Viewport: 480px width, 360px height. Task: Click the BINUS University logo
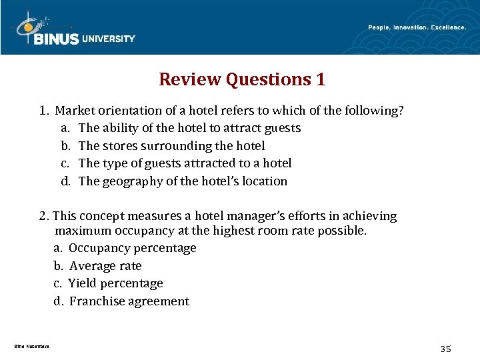click(x=73, y=31)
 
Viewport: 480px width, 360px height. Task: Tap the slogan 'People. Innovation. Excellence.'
click(x=417, y=27)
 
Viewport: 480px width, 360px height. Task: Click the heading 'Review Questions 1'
click(x=242, y=80)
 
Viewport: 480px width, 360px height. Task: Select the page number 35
click(x=446, y=349)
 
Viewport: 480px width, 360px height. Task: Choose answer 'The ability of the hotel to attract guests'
click(x=189, y=128)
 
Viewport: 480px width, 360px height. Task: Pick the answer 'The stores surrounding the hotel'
click(x=171, y=145)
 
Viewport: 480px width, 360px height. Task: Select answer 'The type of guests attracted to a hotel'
click(x=185, y=163)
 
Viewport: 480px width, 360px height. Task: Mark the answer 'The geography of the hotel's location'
click(x=183, y=181)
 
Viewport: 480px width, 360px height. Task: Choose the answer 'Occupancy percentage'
click(x=132, y=248)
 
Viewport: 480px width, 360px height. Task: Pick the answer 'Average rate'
click(x=105, y=266)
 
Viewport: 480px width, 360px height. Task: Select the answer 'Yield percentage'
click(x=115, y=283)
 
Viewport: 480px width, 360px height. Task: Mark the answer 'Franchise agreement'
click(x=129, y=301)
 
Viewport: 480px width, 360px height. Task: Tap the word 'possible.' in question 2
click(x=343, y=231)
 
